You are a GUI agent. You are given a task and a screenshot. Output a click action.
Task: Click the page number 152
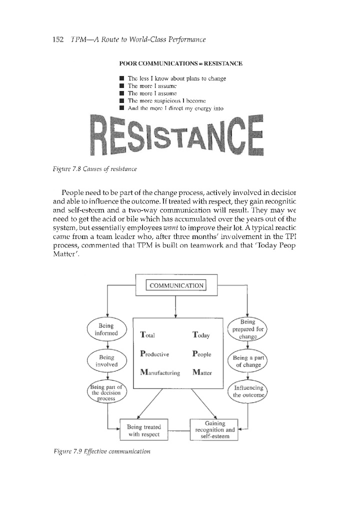(59, 39)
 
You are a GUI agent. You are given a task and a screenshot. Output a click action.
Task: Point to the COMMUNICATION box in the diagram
(175, 285)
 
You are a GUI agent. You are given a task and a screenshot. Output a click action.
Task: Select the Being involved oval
(108, 360)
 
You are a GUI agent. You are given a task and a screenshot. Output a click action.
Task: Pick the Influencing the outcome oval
(248, 392)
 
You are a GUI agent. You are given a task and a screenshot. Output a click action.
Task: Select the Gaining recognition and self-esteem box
(215, 429)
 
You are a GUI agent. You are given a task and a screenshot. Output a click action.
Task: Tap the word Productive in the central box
(155, 353)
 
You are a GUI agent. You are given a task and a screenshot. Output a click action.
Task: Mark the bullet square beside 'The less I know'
(121, 78)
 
